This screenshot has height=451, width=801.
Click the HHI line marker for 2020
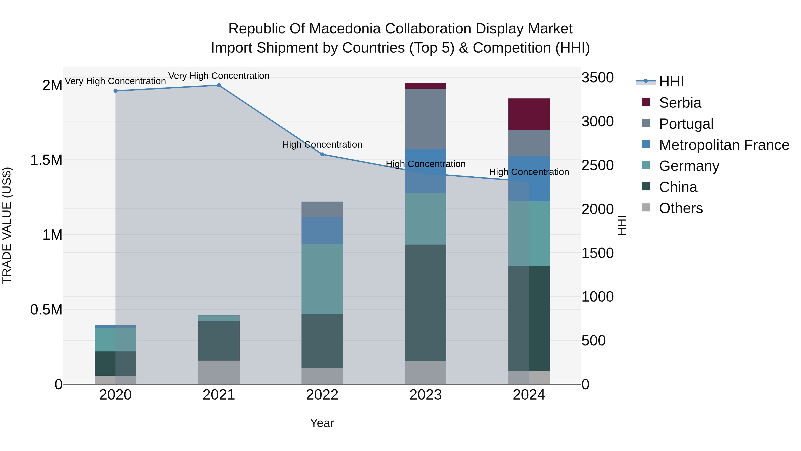pos(115,91)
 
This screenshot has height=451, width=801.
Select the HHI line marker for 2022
pos(322,154)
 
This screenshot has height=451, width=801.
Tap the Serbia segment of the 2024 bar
pos(529,114)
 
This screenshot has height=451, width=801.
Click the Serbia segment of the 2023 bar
pos(425,86)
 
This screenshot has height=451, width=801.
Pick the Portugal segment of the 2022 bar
pos(322,209)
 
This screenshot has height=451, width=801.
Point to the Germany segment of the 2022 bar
pos(322,279)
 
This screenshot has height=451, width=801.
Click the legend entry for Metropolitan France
pos(724,145)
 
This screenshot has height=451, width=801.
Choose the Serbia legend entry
pos(680,103)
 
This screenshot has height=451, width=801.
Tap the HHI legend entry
pos(671,82)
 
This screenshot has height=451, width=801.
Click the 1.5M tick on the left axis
pos(46,160)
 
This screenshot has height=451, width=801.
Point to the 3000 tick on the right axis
pos(597,122)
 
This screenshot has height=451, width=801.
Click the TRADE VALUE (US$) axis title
pos(7,225)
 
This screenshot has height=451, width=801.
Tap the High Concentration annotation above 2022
pos(322,145)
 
